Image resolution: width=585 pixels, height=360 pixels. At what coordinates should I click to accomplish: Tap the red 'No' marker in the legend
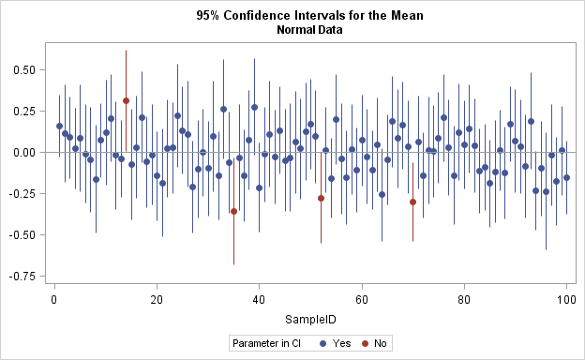coord(365,344)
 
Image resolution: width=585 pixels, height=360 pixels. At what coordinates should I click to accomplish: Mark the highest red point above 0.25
coord(126,101)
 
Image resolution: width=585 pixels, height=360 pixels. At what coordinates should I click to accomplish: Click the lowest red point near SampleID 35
coord(233,211)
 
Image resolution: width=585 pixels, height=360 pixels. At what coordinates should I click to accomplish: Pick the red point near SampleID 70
coord(412,202)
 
